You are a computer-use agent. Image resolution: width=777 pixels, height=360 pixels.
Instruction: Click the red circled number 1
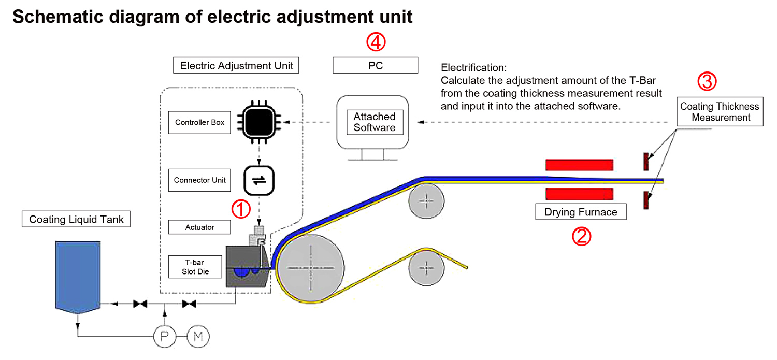point(240,209)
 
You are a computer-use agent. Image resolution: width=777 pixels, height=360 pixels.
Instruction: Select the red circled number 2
point(581,236)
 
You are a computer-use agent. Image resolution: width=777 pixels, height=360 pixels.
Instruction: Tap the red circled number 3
point(706,82)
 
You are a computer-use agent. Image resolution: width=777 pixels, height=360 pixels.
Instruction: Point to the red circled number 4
point(376,42)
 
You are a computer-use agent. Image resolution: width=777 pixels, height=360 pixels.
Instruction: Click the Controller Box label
point(199,123)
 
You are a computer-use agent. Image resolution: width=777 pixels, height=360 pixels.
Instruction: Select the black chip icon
point(258,123)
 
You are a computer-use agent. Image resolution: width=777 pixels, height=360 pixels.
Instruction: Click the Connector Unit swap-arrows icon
point(258,180)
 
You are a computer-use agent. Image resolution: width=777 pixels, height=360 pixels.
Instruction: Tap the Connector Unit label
point(199,180)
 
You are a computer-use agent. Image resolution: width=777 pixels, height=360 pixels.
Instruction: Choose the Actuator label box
point(199,227)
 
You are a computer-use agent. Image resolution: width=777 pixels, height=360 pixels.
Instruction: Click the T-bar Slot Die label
point(195,267)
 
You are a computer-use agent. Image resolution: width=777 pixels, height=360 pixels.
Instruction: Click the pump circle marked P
point(165,337)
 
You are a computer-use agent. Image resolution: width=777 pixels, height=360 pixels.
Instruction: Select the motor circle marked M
point(197,337)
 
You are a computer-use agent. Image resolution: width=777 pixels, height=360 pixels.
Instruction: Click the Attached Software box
point(374,122)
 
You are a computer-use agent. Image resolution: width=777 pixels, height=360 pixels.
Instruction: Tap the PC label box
point(375,66)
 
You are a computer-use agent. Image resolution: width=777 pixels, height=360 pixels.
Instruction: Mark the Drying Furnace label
point(580,212)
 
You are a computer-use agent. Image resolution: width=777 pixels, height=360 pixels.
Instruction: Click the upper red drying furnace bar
point(579,165)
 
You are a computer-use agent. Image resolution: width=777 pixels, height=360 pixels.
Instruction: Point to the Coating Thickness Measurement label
point(719,112)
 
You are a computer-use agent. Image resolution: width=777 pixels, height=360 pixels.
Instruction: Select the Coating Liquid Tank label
point(76,219)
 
